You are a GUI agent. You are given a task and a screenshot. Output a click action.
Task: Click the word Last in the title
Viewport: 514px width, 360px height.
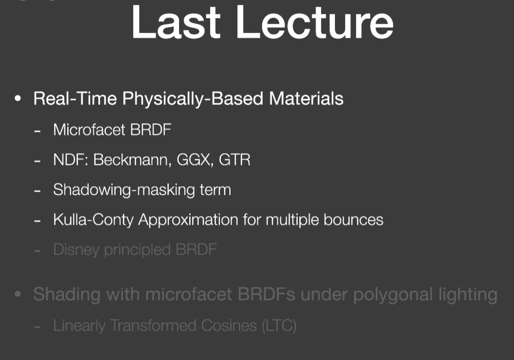(176, 22)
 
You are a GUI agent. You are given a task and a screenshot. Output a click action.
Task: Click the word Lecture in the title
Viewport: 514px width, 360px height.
(315, 22)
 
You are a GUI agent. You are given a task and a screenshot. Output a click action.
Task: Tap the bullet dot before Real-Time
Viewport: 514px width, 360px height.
(18, 98)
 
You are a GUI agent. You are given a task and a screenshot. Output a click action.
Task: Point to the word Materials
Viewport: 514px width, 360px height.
(306, 98)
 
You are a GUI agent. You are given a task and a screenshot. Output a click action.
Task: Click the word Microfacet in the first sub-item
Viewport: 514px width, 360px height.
(89, 129)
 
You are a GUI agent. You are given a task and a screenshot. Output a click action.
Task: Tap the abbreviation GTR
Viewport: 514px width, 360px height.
(234, 160)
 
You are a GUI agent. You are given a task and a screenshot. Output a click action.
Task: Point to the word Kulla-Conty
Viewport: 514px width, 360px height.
(93, 220)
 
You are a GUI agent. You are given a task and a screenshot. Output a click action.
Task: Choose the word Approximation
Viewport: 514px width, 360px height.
(188, 220)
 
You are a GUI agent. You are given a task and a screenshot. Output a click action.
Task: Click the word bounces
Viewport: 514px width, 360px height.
(353, 219)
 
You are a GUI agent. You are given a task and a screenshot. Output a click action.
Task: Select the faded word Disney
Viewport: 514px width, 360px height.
(77, 250)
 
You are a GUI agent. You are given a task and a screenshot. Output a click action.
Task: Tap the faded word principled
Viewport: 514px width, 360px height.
(137, 250)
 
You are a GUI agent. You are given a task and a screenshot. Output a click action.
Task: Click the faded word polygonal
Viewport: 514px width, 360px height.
(393, 295)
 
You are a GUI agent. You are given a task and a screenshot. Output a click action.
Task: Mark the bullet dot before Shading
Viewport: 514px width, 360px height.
(18, 294)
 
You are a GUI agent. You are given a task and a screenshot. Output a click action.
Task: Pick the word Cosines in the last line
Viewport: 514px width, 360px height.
(229, 326)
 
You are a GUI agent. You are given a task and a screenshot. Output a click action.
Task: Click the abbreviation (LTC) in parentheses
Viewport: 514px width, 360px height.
(279, 326)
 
